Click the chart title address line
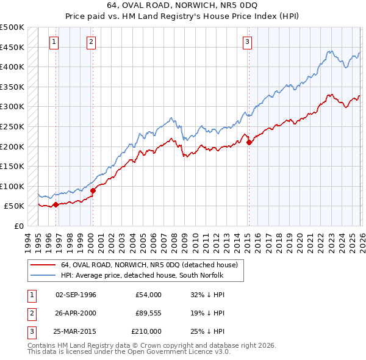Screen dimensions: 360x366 (183, 5)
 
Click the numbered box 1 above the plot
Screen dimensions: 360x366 (54, 42)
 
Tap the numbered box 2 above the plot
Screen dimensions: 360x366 (91, 42)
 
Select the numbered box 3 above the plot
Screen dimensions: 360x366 (248, 42)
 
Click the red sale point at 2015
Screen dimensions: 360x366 (249, 142)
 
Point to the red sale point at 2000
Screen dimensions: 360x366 (93, 190)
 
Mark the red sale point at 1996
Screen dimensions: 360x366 (56, 204)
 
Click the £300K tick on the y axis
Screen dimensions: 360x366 (12, 107)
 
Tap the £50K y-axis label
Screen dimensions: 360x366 (14, 206)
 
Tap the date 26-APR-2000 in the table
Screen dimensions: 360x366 (76, 313)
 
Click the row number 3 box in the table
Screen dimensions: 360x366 (30, 331)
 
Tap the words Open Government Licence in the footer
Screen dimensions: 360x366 (177, 352)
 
